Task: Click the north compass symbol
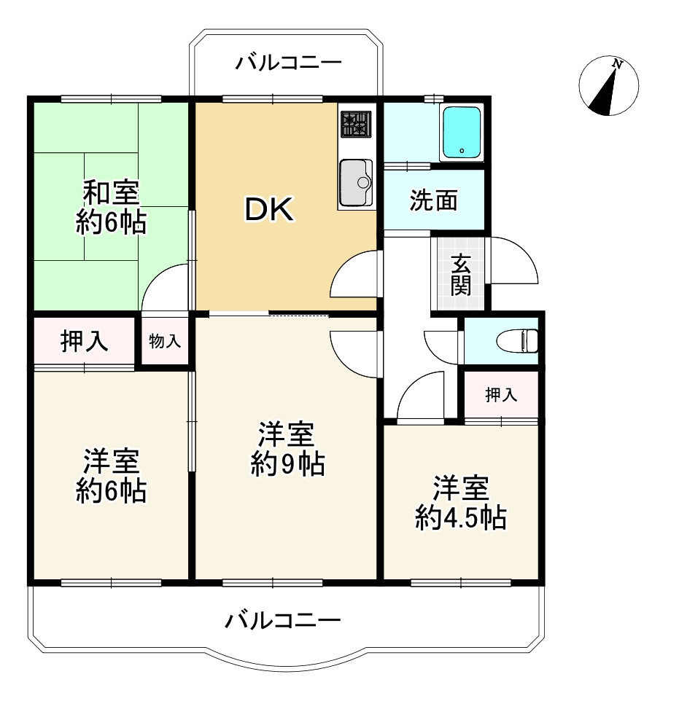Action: click(x=608, y=86)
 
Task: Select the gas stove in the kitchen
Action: click(x=357, y=124)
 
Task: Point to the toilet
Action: click(x=524, y=340)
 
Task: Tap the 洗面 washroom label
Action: click(x=433, y=200)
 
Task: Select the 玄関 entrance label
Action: click(x=460, y=274)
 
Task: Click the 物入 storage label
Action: click(x=165, y=340)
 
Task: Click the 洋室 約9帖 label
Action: click(x=287, y=449)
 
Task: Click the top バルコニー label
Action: click(x=287, y=63)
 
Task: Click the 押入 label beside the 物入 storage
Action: click(x=85, y=341)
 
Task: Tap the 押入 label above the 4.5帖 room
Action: click(x=501, y=396)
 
